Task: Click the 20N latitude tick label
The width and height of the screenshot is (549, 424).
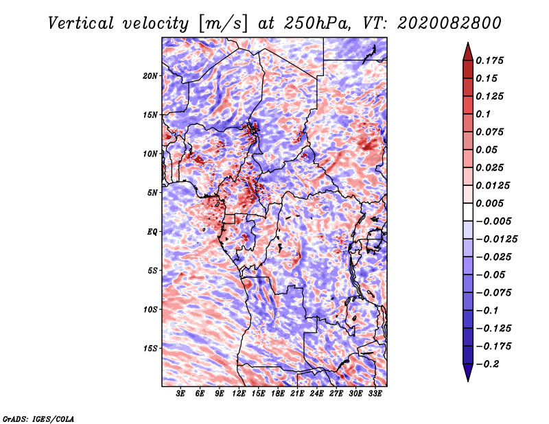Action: (150, 76)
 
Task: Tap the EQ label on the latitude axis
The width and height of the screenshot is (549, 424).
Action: (152, 232)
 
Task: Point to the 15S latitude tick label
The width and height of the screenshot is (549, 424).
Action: (150, 349)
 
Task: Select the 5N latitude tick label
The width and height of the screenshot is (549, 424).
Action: (152, 193)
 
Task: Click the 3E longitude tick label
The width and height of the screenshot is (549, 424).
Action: (180, 394)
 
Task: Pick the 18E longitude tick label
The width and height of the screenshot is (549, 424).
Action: (278, 394)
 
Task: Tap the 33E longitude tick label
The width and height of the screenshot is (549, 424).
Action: (375, 394)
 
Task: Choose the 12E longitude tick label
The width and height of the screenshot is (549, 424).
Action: (239, 394)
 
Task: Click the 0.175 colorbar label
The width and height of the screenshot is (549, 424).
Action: (489, 60)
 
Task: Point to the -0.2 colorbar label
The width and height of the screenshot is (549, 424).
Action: (487, 364)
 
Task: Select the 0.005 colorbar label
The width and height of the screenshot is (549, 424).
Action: (489, 203)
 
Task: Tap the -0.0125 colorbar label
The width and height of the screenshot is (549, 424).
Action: (496, 239)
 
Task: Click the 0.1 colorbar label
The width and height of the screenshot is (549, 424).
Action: (483, 114)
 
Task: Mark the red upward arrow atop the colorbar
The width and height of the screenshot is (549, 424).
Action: (468, 51)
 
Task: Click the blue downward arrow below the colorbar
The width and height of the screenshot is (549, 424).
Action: (468, 373)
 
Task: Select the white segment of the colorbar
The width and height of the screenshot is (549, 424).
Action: (468, 212)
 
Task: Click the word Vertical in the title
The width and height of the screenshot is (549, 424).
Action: (81, 23)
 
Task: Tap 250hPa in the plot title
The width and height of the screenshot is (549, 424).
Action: (317, 23)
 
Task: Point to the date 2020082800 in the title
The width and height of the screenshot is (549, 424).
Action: (449, 23)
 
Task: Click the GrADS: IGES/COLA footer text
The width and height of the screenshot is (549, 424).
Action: (38, 419)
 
